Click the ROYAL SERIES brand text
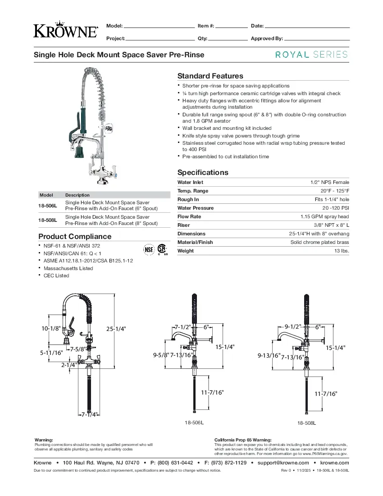click(311, 55)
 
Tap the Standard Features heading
click(210, 76)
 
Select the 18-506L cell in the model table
click(47, 206)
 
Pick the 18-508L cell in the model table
click(47, 220)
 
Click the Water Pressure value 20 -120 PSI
click(335, 208)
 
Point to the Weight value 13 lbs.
click(342, 251)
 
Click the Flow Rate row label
click(189, 216)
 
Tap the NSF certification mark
click(149, 249)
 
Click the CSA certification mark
click(162, 249)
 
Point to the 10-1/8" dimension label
click(51, 329)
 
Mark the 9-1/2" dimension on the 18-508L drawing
click(292, 327)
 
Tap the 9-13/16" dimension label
click(269, 356)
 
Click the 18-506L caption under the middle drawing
click(194, 423)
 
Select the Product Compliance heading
click(75, 236)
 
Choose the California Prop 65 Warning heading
click(243, 440)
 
